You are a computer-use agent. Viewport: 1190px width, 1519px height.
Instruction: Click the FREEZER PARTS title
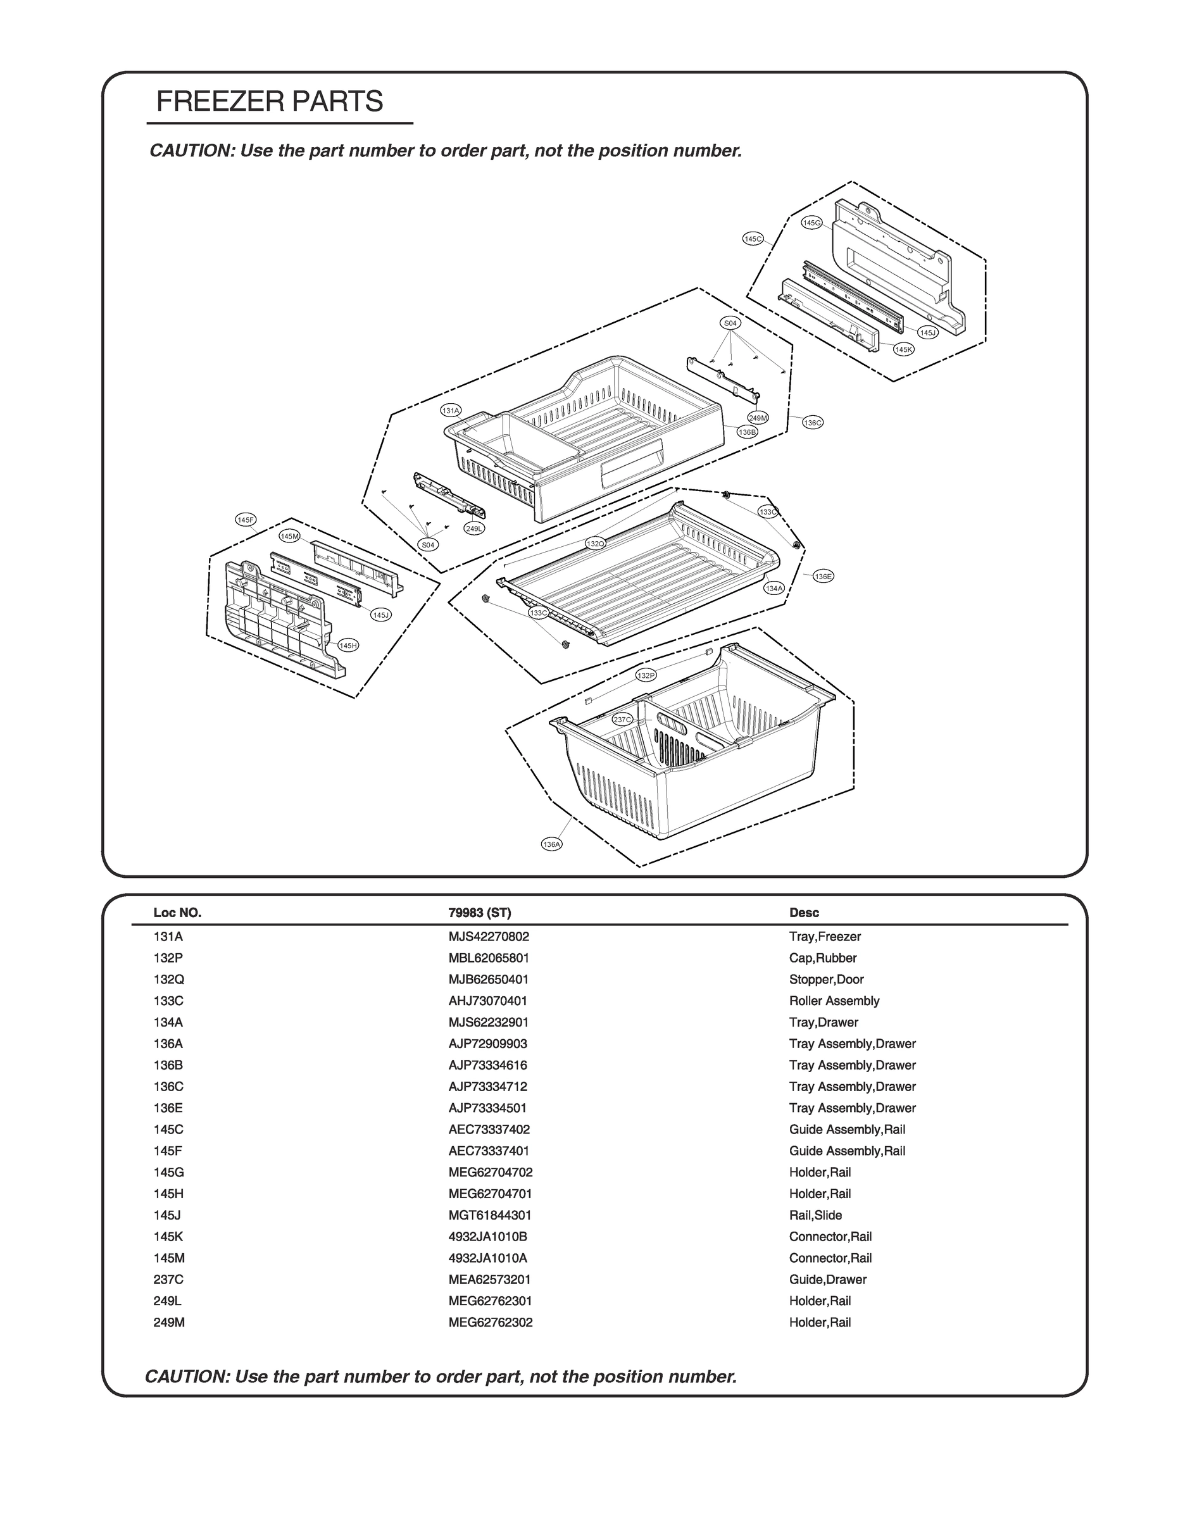[270, 102]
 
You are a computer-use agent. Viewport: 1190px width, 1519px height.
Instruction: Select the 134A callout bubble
[774, 589]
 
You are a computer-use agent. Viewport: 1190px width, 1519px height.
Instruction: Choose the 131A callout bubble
[451, 411]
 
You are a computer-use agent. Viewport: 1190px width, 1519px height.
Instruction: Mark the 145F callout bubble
[246, 520]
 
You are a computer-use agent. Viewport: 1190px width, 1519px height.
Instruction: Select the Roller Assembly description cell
[834, 1001]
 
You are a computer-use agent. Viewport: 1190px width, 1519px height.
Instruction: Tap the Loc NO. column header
[177, 913]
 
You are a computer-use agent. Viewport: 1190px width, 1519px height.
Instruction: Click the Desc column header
[804, 913]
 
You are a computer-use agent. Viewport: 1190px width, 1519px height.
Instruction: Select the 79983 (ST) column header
[479, 913]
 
